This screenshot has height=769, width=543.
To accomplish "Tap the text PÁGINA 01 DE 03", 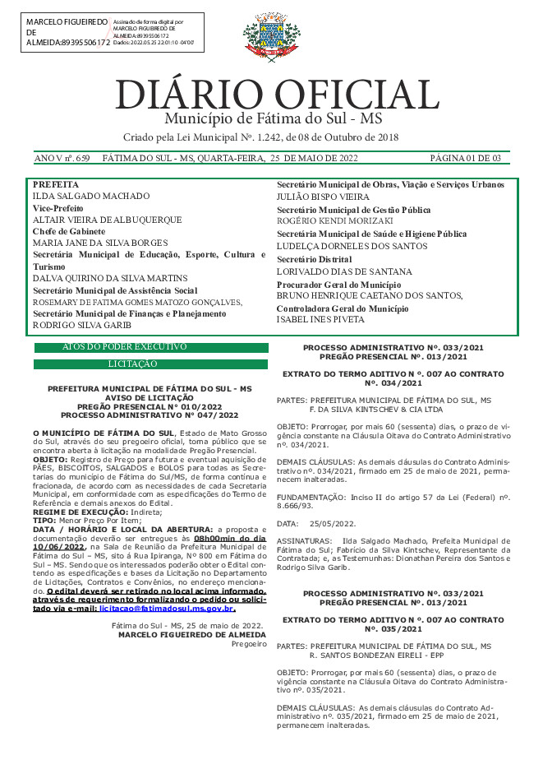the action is [x=465, y=158].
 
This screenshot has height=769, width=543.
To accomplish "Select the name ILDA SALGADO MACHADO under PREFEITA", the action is [x=90, y=197].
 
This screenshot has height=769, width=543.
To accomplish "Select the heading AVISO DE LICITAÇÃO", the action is [x=150, y=397].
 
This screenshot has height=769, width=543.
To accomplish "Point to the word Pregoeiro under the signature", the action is [x=249, y=643].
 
